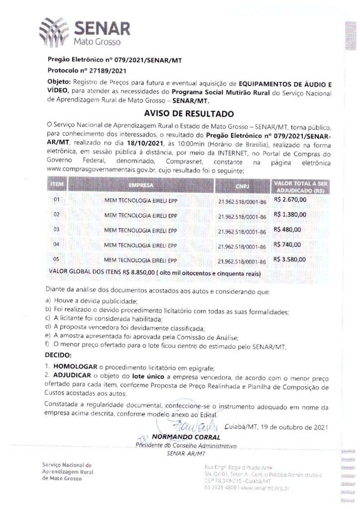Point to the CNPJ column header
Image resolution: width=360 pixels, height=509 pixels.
pyautogui.click(x=241, y=185)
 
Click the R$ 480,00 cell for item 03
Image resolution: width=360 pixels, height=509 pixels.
pyautogui.click(x=287, y=230)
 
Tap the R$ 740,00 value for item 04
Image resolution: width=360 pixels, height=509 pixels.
pyautogui.click(x=287, y=245)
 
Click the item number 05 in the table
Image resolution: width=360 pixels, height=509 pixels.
pyautogui.click(x=56, y=259)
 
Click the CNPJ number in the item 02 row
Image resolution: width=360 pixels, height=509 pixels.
pyautogui.click(x=242, y=216)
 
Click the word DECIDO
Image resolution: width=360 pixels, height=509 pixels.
pyautogui.click(x=59, y=356)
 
